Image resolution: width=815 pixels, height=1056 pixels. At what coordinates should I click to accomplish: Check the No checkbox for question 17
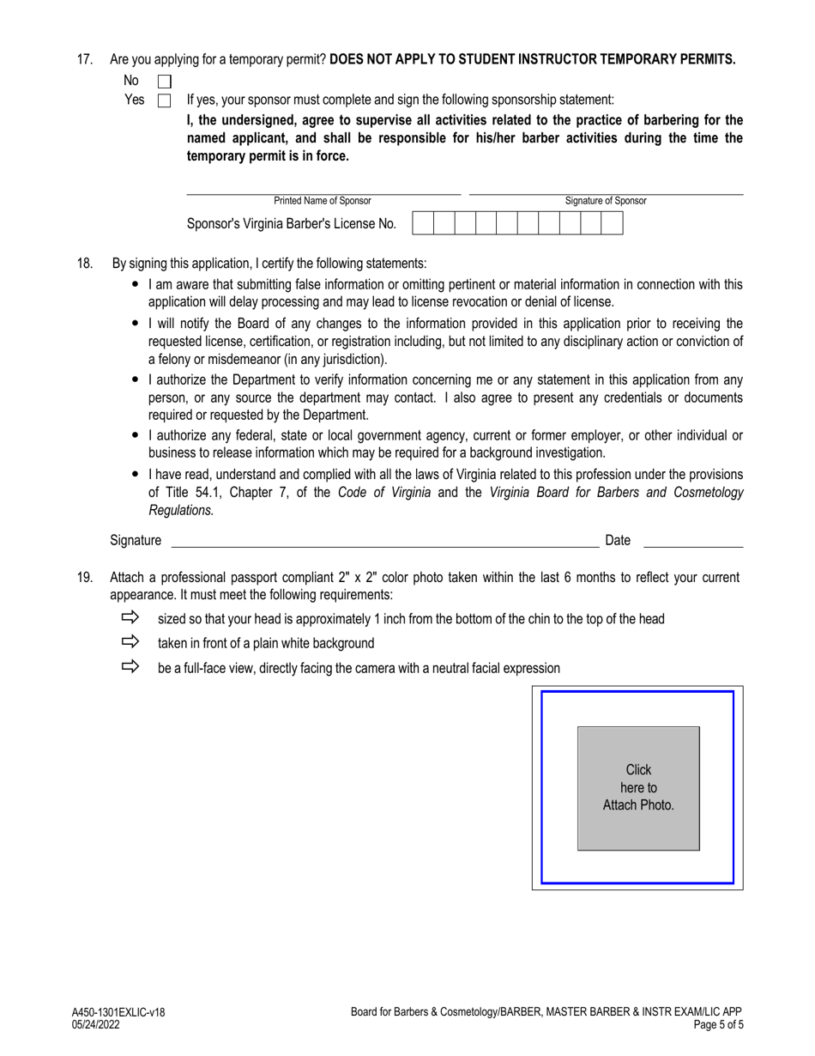pos(165,82)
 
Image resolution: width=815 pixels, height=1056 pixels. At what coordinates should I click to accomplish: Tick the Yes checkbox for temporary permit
pos(165,101)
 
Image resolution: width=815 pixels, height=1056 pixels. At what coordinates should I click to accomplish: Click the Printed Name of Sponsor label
pos(323,201)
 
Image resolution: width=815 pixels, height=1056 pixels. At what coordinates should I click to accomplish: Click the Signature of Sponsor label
pos(606,201)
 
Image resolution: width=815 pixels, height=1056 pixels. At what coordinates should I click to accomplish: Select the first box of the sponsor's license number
pos(423,224)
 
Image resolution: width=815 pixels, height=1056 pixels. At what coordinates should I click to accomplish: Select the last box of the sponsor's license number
pos(612,224)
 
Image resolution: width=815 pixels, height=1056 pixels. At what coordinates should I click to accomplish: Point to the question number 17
pos(84,60)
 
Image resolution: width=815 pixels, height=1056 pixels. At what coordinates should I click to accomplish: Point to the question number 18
pos(84,264)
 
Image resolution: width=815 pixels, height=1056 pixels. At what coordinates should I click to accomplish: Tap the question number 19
pos(84,578)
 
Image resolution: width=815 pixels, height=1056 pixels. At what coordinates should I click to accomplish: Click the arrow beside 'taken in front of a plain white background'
pos(130,641)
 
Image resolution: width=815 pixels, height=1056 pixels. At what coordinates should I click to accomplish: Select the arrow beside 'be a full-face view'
pos(130,666)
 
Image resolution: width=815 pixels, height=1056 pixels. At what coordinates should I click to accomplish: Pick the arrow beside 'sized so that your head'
pos(130,617)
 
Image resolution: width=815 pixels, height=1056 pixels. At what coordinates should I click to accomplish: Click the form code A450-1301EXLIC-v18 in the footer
pos(118,1013)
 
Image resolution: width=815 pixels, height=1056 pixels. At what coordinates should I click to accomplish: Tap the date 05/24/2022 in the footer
pos(96,1024)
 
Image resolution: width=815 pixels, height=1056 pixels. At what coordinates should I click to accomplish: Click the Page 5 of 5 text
pos(712,1024)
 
